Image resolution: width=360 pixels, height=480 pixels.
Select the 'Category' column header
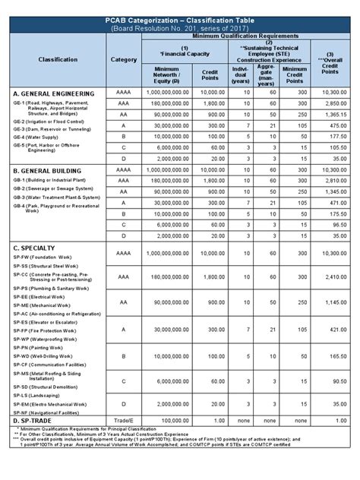click(x=124, y=58)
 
